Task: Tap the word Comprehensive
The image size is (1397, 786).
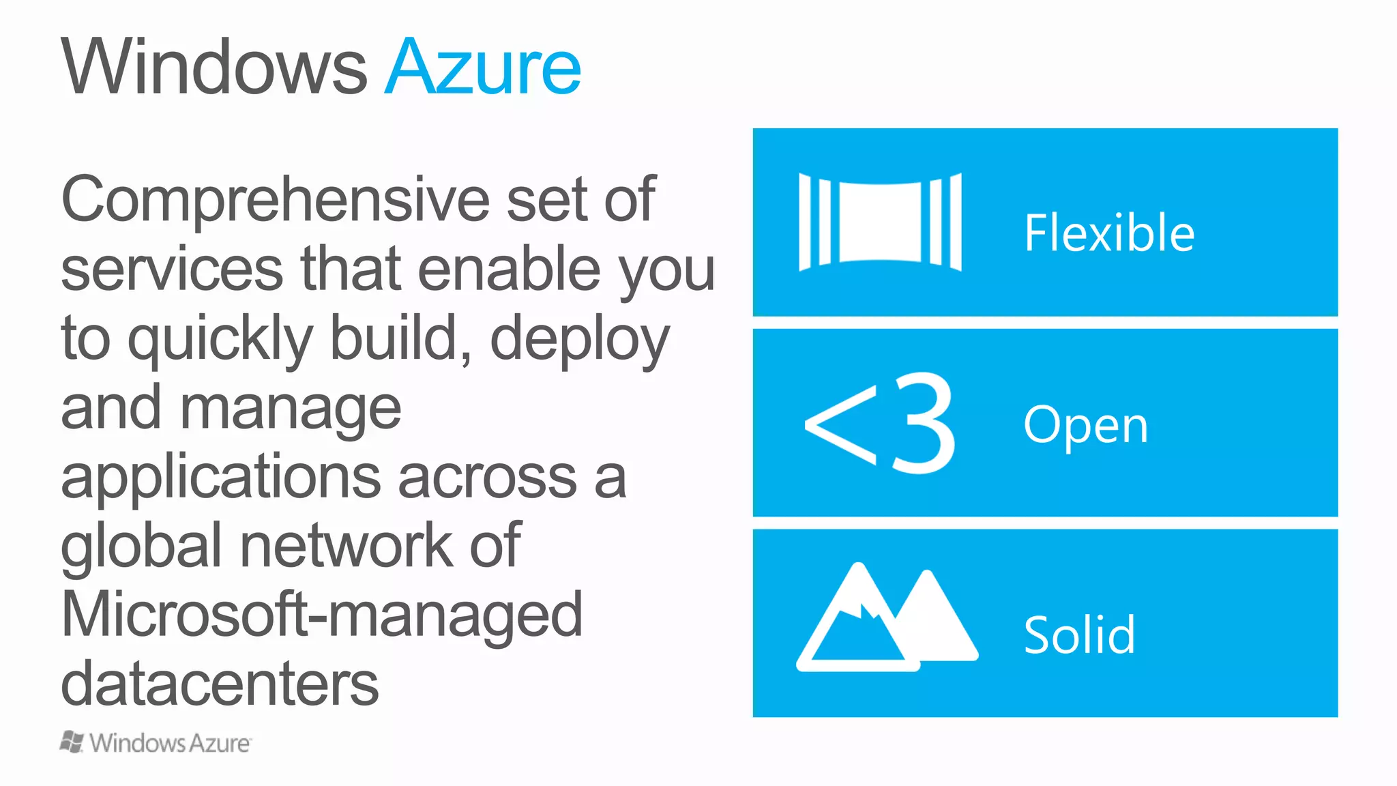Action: pos(274,199)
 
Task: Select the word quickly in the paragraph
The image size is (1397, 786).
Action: pos(220,339)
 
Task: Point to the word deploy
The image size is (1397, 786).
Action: pos(579,339)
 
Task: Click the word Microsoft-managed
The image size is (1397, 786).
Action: pos(321,614)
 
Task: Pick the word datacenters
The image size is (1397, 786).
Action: pos(220,684)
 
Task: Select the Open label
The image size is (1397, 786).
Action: pos(1086,425)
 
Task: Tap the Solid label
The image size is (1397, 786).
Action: pos(1080,635)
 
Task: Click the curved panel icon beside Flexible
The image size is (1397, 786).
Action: pos(880,222)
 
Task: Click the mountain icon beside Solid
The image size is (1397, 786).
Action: pos(887,617)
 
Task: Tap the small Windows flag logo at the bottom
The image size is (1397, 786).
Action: pos(72,742)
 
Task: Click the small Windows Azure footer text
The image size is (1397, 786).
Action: pos(170,743)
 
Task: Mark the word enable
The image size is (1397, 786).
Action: pos(509,269)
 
